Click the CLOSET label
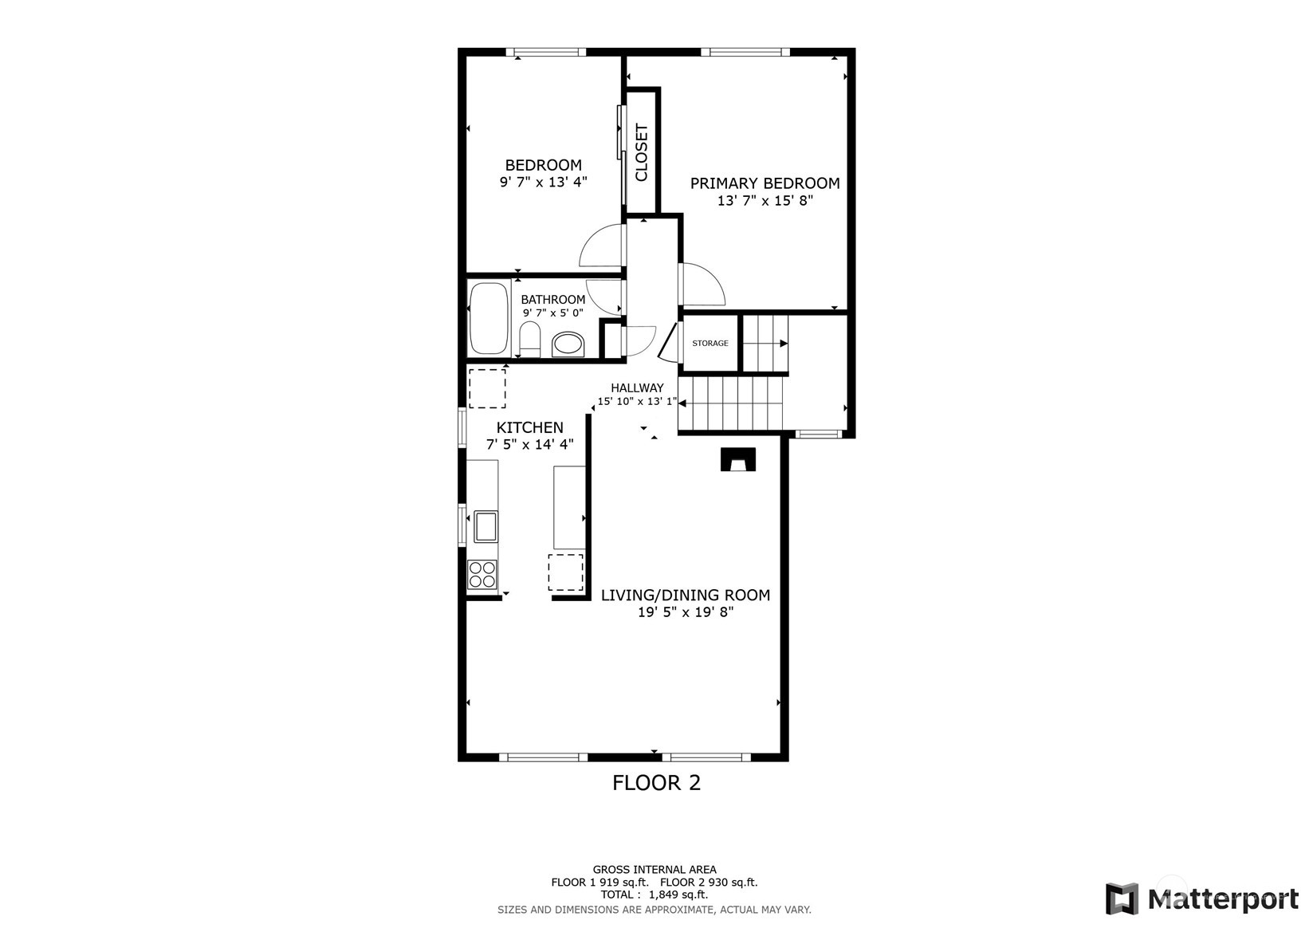point(642,152)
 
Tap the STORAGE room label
point(710,343)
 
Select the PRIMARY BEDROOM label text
point(765,183)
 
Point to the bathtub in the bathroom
point(489,318)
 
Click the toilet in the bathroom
point(530,339)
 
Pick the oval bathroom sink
point(568,344)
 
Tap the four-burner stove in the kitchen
point(482,575)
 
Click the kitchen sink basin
point(486,526)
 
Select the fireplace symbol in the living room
point(738,459)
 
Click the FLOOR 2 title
point(657,783)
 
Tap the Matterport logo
point(1202,899)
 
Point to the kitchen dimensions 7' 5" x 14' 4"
point(530,444)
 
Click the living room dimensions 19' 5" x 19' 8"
point(686,612)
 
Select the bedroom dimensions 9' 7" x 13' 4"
point(544,182)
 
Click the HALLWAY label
point(637,387)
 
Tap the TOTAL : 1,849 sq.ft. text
point(655,895)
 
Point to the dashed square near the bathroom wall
point(487,388)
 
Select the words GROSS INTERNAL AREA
point(655,869)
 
